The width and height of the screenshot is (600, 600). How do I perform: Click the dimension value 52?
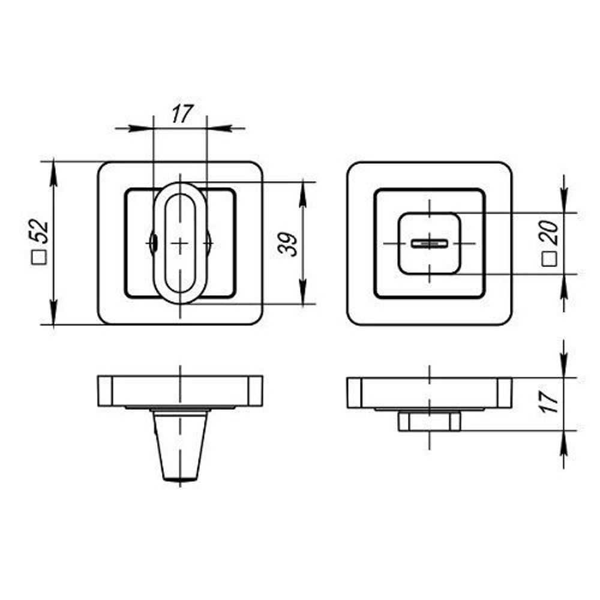point(40,231)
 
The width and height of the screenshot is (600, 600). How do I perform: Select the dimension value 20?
point(550,233)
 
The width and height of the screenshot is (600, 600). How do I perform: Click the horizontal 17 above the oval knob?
point(182,113)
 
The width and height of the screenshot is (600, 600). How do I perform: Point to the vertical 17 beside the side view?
point(550,402)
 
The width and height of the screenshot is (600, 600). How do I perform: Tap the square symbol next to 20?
point(550,259)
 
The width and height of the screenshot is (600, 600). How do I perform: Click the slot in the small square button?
point(430,244)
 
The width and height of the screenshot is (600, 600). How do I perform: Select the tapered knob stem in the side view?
point(180,445)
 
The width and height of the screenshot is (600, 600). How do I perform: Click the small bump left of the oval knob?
point(152,242)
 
